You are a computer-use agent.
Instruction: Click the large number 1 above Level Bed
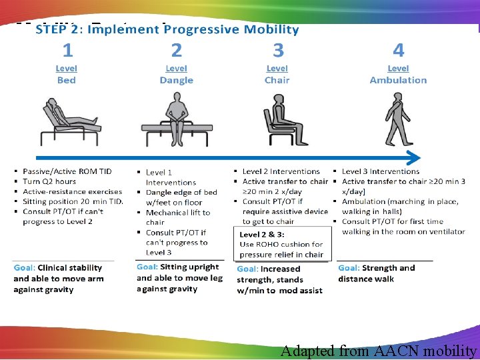[67, 50]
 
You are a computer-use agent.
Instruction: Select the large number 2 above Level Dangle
[176, 50]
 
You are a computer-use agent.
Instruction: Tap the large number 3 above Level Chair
[277, 50]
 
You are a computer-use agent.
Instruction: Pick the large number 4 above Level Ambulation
[398, 50]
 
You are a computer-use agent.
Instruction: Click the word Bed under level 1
[67, 80]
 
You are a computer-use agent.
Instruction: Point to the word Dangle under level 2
[176, 80]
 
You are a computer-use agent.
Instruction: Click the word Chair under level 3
[277, 80]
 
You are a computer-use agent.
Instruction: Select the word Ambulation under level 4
[398, 80]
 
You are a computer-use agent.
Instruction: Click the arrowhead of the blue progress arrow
[414, 158]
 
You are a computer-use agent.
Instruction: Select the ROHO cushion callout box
[281, 244]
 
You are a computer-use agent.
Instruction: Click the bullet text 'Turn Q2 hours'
[49, 181]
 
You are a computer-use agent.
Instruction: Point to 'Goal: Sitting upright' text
[177, 267]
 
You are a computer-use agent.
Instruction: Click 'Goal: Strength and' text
[377, 268]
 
